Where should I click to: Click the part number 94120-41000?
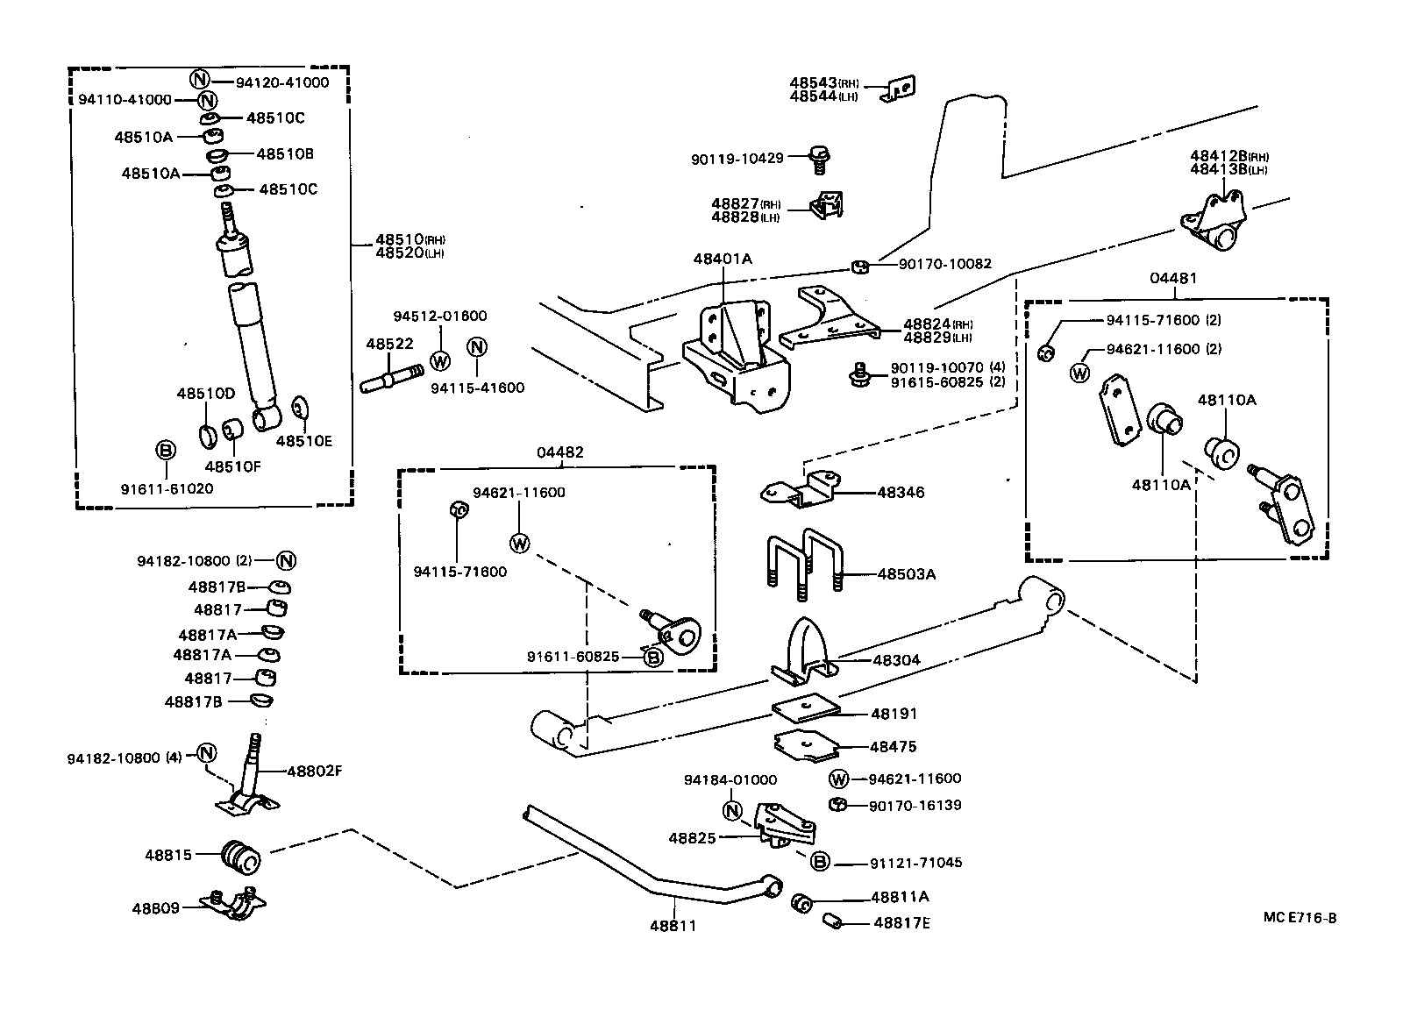pos(282,82)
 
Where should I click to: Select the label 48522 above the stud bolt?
pos(389,345)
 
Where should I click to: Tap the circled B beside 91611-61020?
pos(166,451)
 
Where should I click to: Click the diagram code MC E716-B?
pos(1300,918)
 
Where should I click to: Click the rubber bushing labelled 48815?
pos(242,857)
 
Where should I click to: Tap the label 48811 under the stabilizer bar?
pos(673,925)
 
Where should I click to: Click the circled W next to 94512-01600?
pos(441,360)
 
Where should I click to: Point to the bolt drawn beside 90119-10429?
pos(821,160)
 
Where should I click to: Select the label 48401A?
pos(723,259)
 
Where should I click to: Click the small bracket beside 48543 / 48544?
pos(901,89)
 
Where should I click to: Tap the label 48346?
pos(901,493)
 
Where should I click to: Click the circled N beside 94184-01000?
pos(733,810)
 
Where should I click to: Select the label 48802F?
pos(314,772)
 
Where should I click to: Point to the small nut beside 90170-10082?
pos(860,265)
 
